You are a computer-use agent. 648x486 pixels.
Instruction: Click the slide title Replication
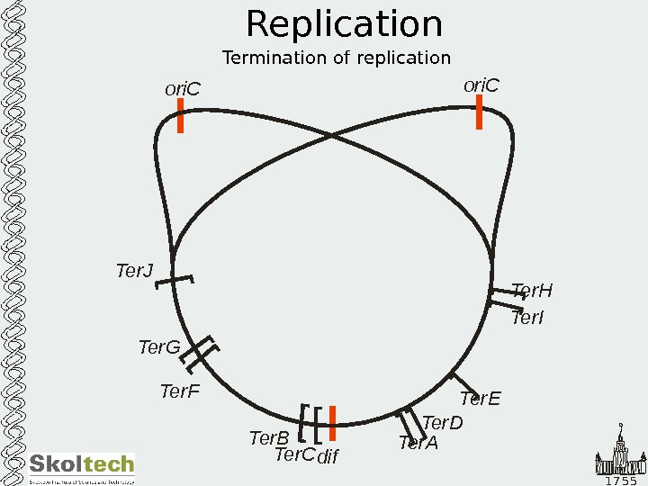coord(344,25)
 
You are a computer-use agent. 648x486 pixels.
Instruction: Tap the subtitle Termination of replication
coord(336,58)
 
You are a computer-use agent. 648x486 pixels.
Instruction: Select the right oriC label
coord(481,85)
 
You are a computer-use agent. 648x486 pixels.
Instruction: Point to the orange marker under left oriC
coord(180,116)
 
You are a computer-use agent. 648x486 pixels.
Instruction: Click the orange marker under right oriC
coord(480,112)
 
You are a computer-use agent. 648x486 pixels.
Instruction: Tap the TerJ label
coord(134,270)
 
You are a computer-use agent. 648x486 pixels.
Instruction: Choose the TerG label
coord(158,347)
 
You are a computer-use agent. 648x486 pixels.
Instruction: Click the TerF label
coord(179,391)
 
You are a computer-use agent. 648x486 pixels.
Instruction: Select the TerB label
coord(268,438)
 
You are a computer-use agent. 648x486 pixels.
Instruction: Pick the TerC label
coord(294,454)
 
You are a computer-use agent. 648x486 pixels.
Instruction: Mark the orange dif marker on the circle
coord(332,423)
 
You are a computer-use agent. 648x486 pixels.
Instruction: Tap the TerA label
coord(418,443)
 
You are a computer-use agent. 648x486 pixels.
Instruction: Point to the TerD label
coord(441,423)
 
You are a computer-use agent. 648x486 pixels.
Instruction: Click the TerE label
coord(480,399)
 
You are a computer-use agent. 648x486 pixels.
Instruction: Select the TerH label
coord(531,290)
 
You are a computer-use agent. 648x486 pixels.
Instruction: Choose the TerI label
coord(527,318)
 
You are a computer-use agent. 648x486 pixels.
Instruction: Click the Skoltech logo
coord(82,468)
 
